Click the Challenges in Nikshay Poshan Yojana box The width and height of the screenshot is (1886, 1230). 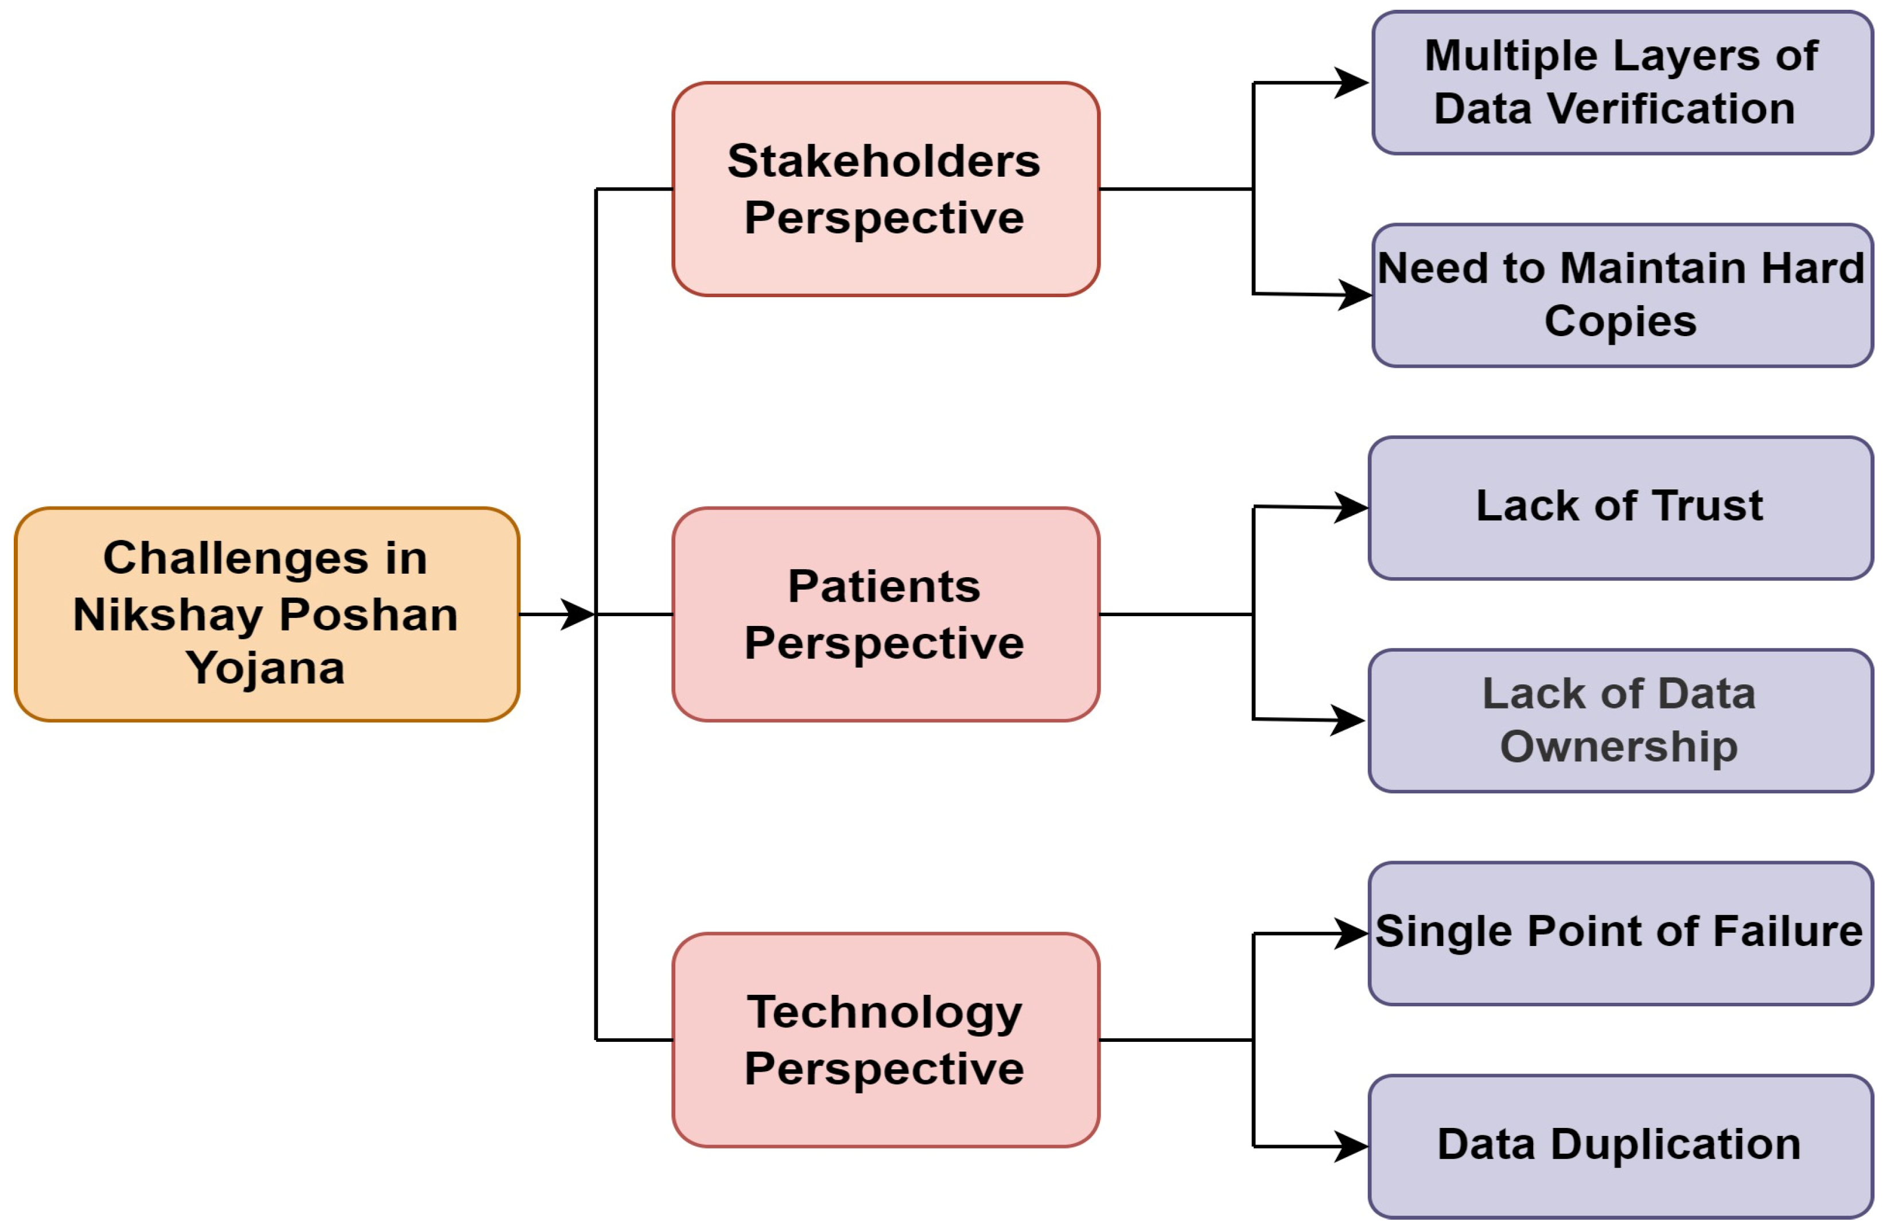point(266,614)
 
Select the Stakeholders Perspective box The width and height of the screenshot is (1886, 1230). point(885,189)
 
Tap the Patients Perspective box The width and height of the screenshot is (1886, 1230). point(885,614)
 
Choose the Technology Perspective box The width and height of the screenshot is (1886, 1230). point(885,1040)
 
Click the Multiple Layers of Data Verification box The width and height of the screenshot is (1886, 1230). point(1621,83)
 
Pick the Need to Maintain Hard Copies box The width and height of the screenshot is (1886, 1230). point(1621,295)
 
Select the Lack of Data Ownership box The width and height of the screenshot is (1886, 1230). point(1620,721)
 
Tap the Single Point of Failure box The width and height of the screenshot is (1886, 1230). point(1620,933)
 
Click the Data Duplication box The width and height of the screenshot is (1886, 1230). point(1620,1147)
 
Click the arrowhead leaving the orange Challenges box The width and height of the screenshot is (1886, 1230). point(577,614)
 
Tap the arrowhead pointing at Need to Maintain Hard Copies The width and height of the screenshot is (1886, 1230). point(1354,295)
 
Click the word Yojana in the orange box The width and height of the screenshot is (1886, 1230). point(266,668)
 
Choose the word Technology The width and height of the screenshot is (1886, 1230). point(884,1012)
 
